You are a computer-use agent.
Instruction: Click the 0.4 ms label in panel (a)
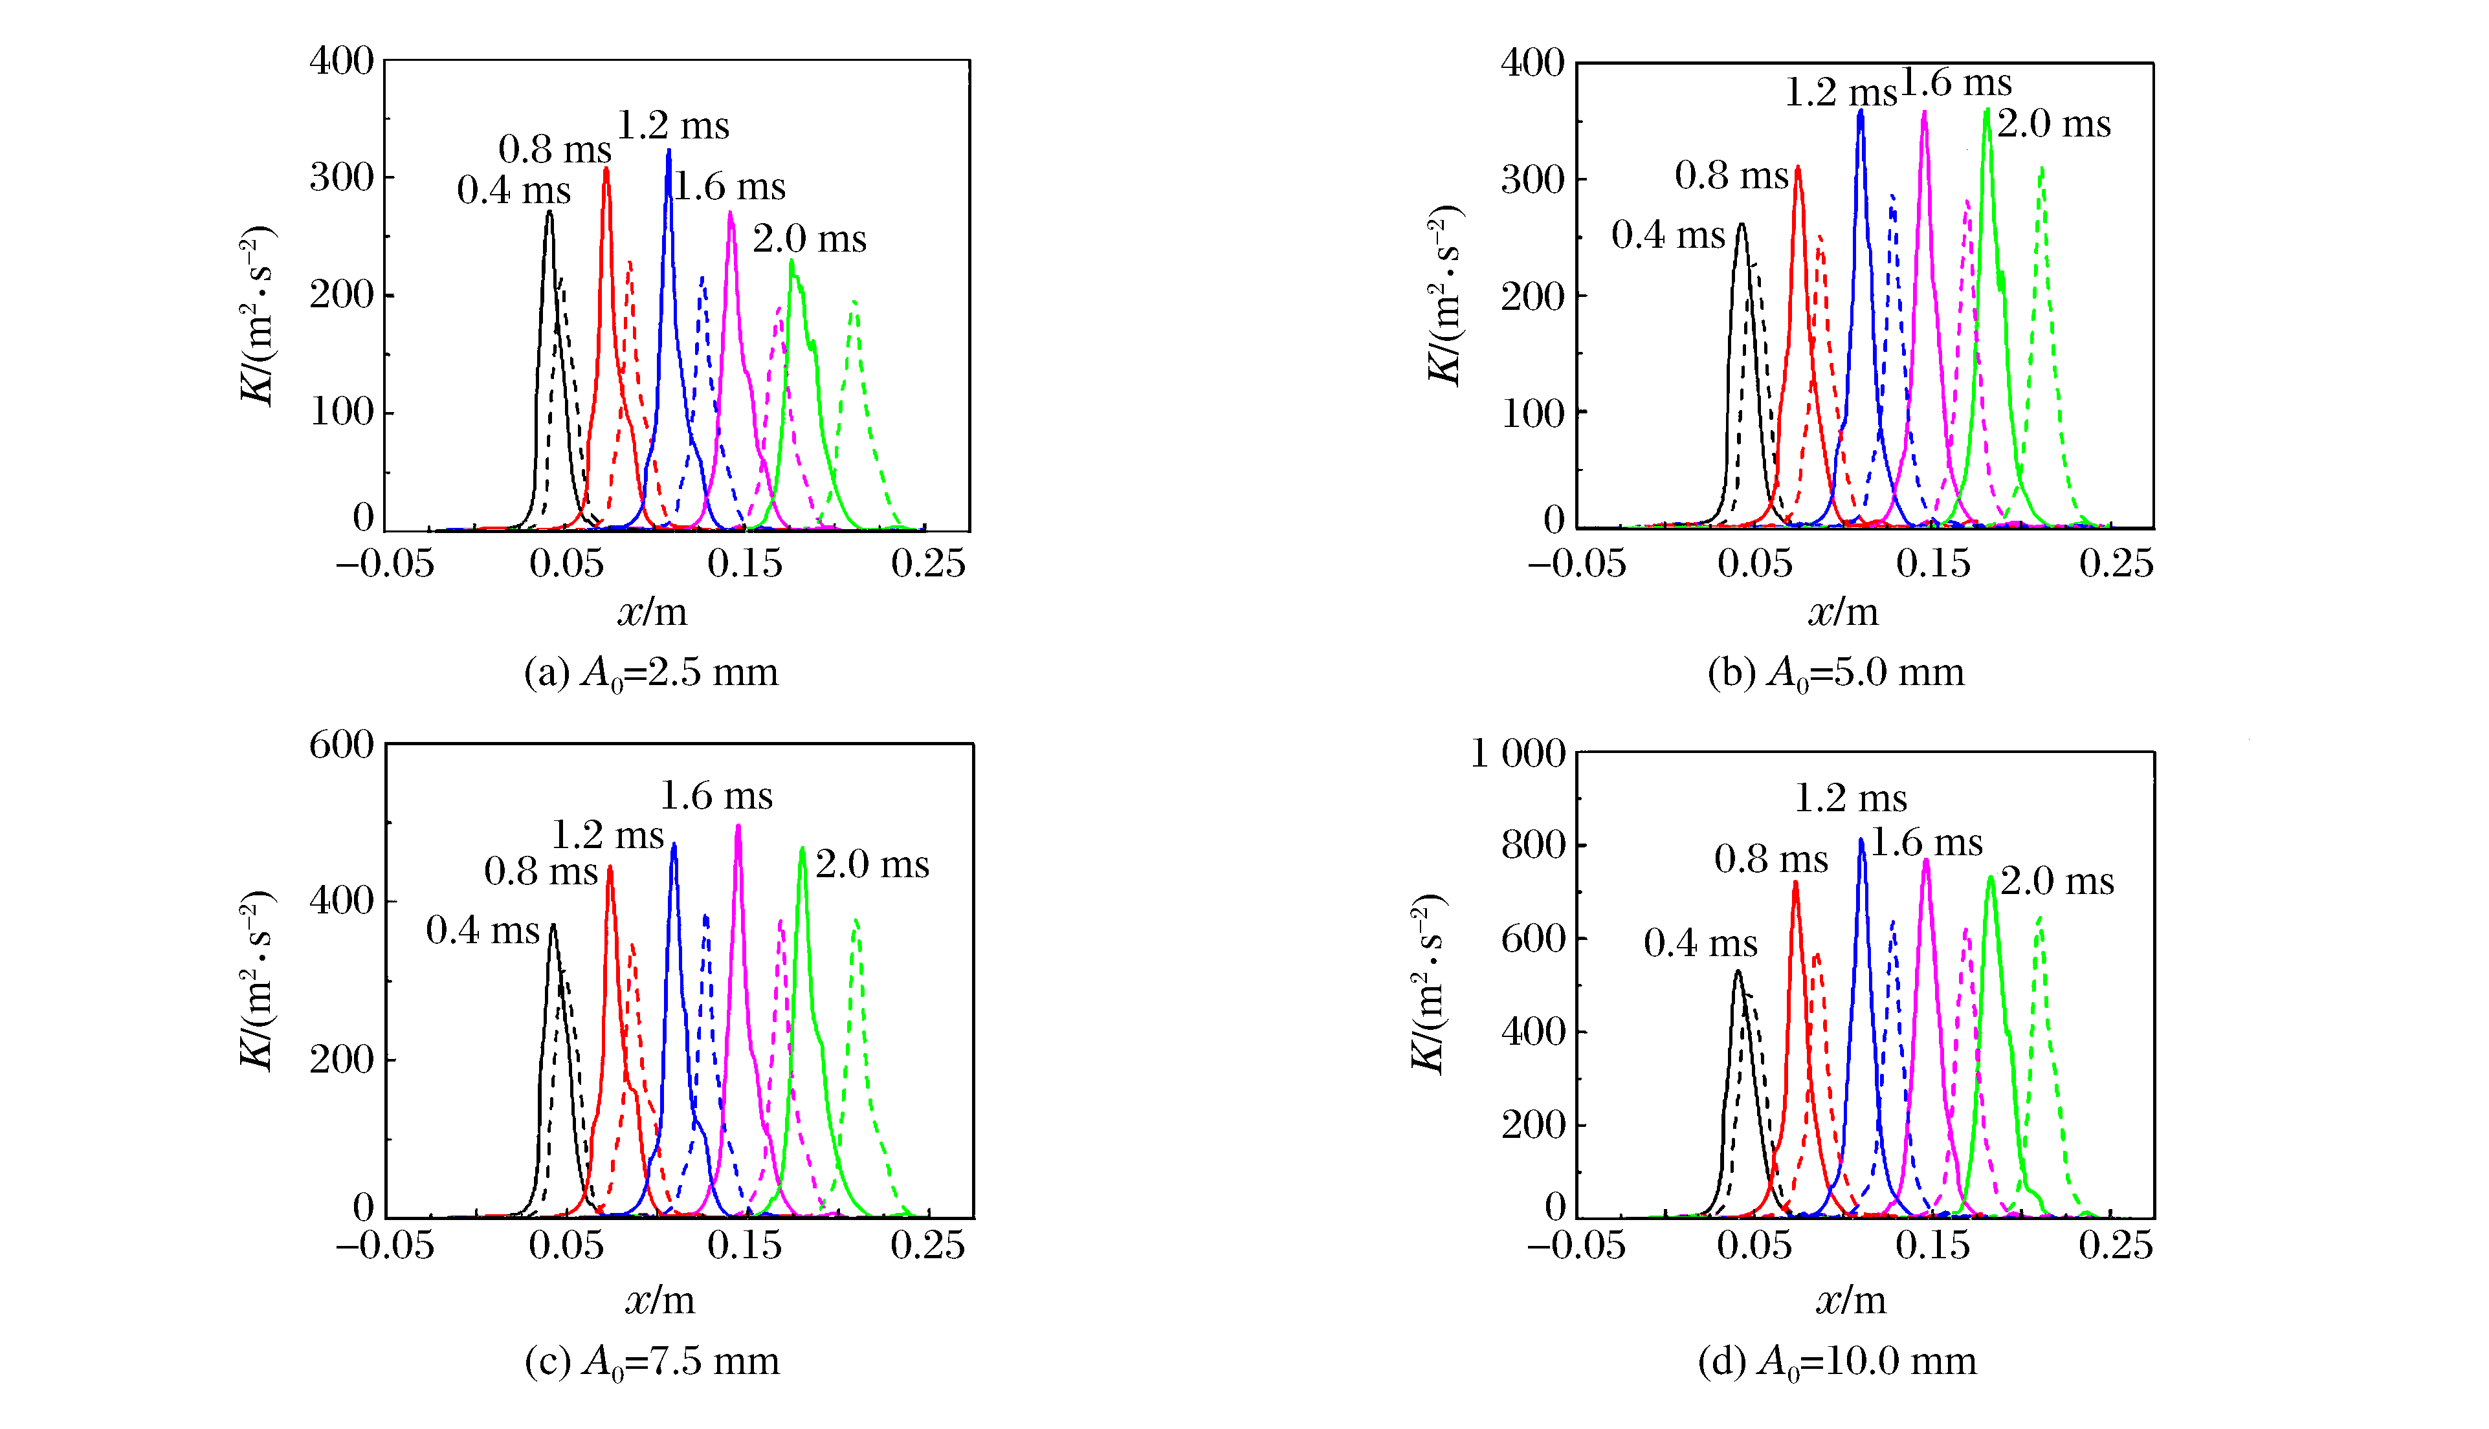(513, 190)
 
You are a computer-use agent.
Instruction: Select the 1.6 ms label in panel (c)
(716, 796)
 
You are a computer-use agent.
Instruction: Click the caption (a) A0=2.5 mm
(651, 673)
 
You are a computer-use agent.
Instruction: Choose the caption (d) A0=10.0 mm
(1836, 1362)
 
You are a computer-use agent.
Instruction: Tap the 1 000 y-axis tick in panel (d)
(1517, 754)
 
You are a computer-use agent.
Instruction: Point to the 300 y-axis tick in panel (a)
(342, 178)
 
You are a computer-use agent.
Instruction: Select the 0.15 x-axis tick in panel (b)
(1932, 563)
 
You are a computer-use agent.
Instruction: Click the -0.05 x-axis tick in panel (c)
(385, 1245)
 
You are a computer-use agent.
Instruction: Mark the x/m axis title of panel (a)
(652, 613)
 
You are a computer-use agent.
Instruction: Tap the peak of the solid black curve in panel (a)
(550, 212)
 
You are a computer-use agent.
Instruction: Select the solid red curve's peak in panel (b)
(1798, 168)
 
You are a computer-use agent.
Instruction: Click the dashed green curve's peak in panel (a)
(854, 302)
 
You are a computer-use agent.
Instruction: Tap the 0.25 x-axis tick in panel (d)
(2115, 1245)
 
